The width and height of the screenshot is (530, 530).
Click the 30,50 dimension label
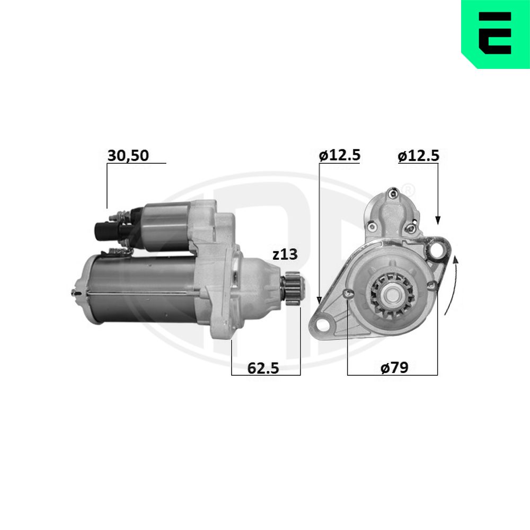coord(128,155)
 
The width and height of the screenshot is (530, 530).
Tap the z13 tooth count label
coord(286,255)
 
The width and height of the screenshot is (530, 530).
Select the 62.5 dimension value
coord(263,368)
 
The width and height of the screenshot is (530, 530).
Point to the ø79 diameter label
coord(394,368)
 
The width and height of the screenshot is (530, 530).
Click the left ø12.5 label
coord(340,155)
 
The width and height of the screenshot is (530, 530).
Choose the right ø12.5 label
coord(419,155)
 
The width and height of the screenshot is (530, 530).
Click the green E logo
coord(495,33)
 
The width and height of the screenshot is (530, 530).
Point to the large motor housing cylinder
coord(143,289)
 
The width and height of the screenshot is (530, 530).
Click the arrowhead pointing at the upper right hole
coord(438,219)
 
